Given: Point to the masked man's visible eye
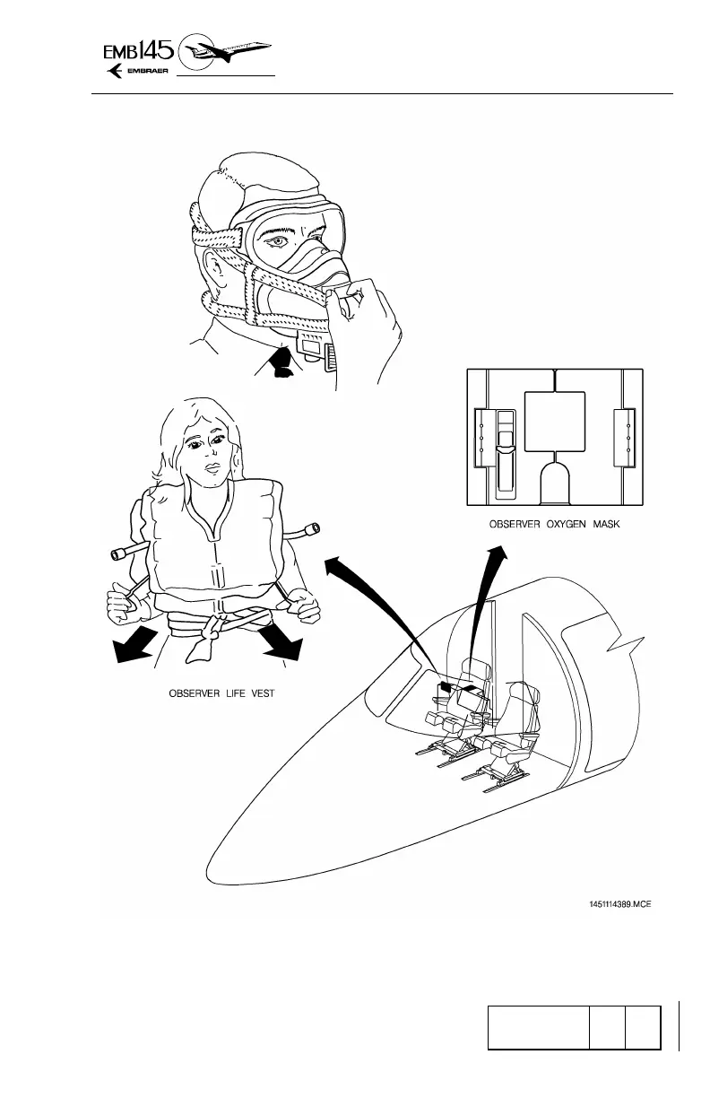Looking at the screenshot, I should click(279, 242).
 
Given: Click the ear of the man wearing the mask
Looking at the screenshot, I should click(215, 270).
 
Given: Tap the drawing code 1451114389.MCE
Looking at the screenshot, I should click(614, 903).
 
